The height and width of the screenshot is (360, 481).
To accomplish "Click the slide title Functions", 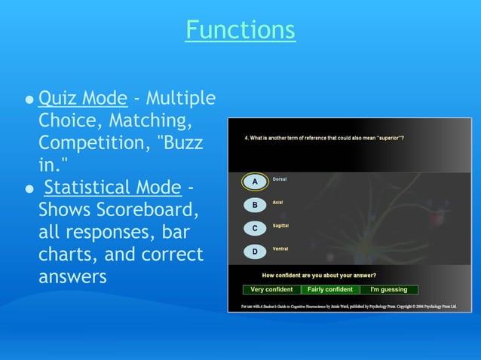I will pyautogui.click(x=240, y=30).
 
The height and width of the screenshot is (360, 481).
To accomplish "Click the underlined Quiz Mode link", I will pyautogui.click(x=82, y=98).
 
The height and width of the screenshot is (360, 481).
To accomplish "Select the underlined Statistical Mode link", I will pyautogui.click(x=113, y=188).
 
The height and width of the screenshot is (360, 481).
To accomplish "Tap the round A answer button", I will pyautogui.click(x=255, y=182).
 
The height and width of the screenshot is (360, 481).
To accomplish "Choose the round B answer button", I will pyautogui.click(x=255, y=205).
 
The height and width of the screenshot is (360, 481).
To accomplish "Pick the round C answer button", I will pyautogui.click(x=255, y=228).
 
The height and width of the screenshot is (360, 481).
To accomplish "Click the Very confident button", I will pyautogui.click(x=271, y=289).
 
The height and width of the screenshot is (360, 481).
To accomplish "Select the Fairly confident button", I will pyautogui.click(x=330, y=289).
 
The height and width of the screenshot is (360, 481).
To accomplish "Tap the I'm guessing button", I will pyautogui.click(x=388, y=289).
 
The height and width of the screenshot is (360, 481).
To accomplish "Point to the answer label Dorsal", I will pyautogui.click(x=279, y=179).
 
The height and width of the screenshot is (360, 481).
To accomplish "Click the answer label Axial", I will pyautogui.click(x=277, y=203).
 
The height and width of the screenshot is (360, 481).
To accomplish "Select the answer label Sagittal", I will pyautogui.click(x=280, y=225).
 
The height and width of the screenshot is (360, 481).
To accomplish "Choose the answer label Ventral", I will pyautogui.click(x=280, y=249).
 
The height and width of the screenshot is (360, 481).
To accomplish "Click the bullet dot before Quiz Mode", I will pyautogui.click(x=29, y=99).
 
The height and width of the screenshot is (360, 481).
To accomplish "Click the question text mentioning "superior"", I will pyautogui.click(x=323, y=138).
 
